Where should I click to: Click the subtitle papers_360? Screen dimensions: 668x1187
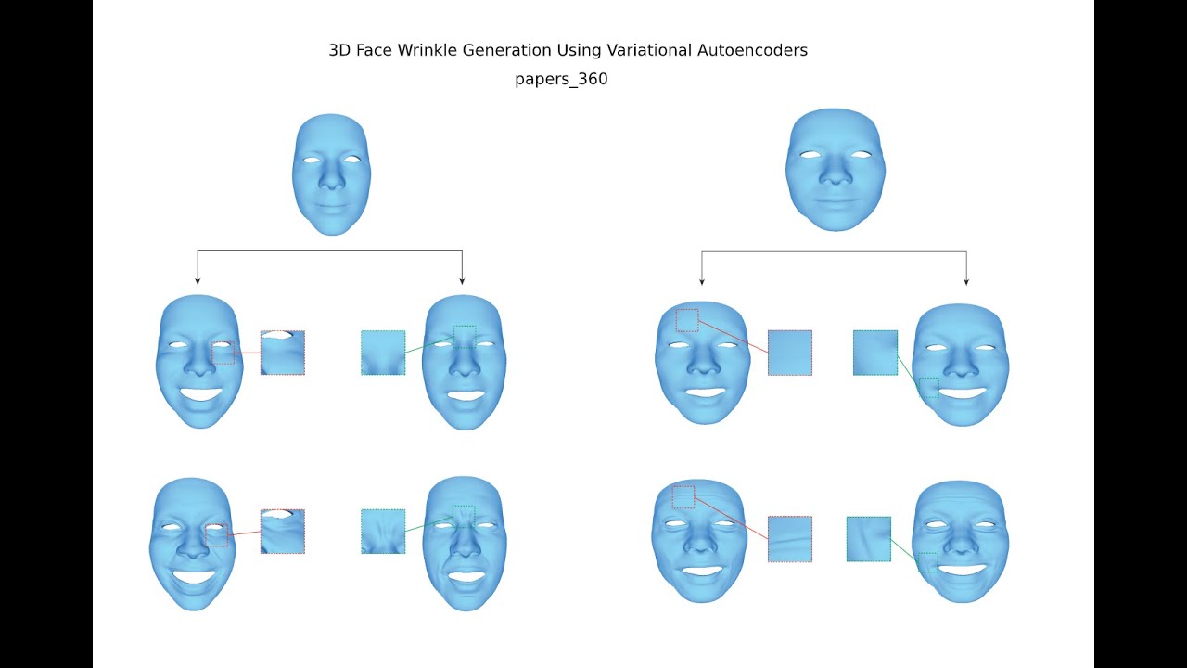(561, 80)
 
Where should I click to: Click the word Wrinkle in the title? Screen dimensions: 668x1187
(428, 50)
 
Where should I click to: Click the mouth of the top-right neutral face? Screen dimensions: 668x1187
(835, 199)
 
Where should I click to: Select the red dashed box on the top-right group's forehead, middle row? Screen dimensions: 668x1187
(687, 320)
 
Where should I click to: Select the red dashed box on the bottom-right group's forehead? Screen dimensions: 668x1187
(683, 496)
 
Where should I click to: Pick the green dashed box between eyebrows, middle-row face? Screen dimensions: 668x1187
(465, 336)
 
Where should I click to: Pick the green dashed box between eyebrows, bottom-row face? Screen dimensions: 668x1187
(464, 516)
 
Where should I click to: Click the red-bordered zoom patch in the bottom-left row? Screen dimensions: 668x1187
(283, 532)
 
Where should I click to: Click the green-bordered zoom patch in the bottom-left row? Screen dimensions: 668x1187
(383, 532)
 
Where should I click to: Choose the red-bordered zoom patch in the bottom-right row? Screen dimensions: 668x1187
(790, 539)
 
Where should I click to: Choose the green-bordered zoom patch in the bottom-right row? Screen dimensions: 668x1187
(869, 539)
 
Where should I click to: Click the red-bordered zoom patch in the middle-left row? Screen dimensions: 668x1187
(283, 353)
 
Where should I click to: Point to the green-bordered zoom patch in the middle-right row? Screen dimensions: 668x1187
(875, 353)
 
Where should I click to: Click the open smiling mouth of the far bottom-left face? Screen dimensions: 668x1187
(194, 576)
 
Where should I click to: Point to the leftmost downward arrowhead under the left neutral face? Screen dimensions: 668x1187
(198, 280)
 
